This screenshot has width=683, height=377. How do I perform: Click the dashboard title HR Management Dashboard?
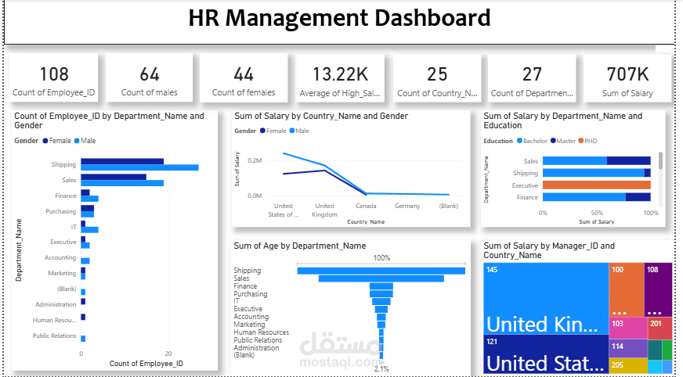pyautogui.click(x=339, y=18)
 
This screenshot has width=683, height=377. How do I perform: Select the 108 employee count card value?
pyautogui.click(x=54, y=74)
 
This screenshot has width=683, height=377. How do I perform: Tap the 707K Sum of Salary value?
pyautogui.click(x=627, y=74)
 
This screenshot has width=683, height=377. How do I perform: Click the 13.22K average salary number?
pyautogui.click(x=340, y=74)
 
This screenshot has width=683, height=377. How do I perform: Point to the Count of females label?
pyautogui.click(x=244, y=92)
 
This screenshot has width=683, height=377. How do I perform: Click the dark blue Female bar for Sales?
pyautogui.click(x=114, y=177)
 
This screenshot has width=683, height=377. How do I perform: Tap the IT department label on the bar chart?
pyautogui.click(x=73, y=226)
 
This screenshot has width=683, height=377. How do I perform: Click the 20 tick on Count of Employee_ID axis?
pyautogui.click(x=168, y=354)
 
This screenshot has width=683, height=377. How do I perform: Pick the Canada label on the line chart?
pyautogui.click(x=366, y=206)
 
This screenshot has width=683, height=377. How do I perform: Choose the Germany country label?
pyautogui.click(x=407, y=206)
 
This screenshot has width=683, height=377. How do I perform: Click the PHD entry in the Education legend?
pyautogui.click(x=589, y=141)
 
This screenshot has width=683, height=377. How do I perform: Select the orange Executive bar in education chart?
pyautogui.click(x=596, y=185)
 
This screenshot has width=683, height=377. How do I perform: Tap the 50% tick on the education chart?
pyautogui.click(x=597, y=213)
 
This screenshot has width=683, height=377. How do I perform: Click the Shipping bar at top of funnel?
pyautogui.click(x=381, y=271)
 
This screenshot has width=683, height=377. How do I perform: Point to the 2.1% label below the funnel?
pyautogui.click(x=381, y=368)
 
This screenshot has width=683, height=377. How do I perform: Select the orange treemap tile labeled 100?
pyautogui.click(x=627, y=289)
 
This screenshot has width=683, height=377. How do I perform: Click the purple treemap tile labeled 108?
pyautogui.click(x=658, y=289)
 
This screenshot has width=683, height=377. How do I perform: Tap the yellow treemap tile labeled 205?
pyautogui.click(x=628, y=365)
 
